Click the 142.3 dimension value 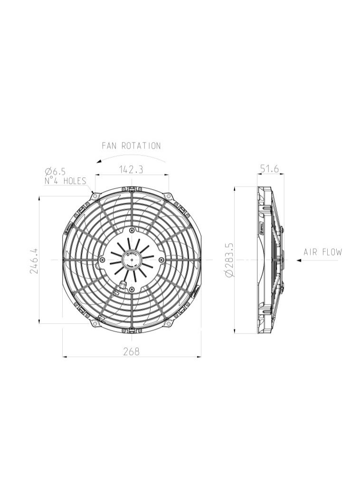[132, 169]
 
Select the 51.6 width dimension [270, 169]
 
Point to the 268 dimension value [132, 352]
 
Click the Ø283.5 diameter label [230, 260]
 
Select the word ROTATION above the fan [141, 146]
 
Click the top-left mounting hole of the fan [95, 196]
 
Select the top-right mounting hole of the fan [168, 196]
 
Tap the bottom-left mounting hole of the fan [95, 323]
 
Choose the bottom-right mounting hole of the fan [168, 323]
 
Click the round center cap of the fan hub [132, 260]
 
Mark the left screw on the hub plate [102, 260]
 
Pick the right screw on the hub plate [161, 260]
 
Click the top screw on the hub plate [132, 230]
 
